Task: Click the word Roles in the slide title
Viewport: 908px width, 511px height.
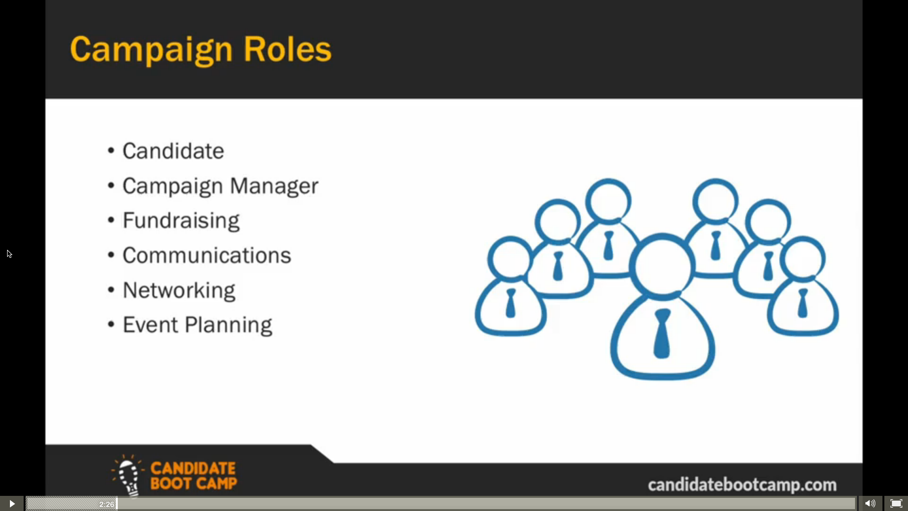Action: pos(288,49)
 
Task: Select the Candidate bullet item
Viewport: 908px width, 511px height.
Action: pos(173,151)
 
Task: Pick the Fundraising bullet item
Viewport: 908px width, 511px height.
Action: pos(181,221)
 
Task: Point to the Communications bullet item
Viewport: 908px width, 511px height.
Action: pos(207,255)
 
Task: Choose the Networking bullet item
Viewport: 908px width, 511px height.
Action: pos(179,291)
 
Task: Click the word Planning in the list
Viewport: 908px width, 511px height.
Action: pos(228,326)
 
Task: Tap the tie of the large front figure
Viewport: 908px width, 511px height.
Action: pos(662,334)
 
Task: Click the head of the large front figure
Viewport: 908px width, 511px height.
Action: pos(663,266)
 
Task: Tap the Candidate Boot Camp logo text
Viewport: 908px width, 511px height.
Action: pos(193,476)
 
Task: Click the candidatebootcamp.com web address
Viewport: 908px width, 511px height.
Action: pos(742,485)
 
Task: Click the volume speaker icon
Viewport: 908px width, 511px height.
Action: pos(870,503)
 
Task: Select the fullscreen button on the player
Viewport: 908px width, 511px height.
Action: pos(896,503)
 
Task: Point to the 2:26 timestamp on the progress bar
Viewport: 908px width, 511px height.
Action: pos(106,504)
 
